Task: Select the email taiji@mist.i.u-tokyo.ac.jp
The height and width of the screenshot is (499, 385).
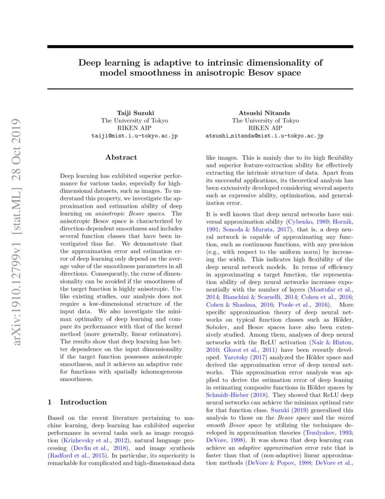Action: pyautogui.click(x=135, y=136)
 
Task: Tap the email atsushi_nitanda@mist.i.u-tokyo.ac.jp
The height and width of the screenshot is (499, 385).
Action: pyautogui.click(x=265, y=136)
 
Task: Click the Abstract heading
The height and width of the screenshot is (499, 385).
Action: pyautogui.click(x=121, y=157)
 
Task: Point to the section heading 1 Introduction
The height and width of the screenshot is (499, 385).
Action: pyautogui.click(x=77, y=402)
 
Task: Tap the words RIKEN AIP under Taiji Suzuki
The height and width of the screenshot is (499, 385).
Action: pyautogui.click(x=135, y=128)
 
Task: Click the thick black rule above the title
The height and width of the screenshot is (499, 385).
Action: pyautogui.click(x=200, y=46)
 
